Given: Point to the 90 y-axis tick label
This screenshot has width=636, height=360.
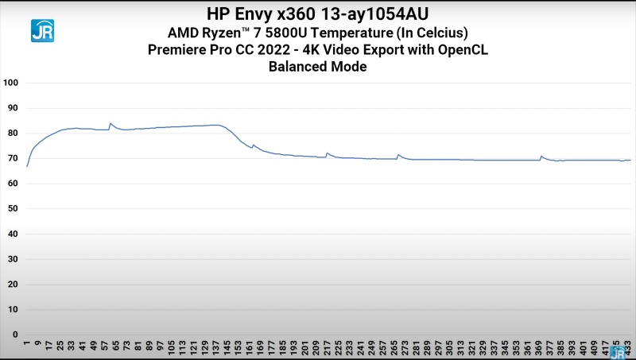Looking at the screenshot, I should click(x=13, y=108).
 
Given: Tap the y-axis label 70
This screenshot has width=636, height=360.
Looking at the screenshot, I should click(x=13, y=158).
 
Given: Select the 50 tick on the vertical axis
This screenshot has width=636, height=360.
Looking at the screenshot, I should click(x=13, y=209).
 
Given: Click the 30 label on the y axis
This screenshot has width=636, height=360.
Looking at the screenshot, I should click(x=13, y=259).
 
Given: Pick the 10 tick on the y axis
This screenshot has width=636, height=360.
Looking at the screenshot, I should click(x=13, y=309).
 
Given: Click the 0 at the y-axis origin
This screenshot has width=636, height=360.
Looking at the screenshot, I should click(x=15, y=335).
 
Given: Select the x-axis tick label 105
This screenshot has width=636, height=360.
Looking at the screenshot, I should click(x=171, y=347).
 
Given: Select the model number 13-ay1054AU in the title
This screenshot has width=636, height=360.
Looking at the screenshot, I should click(x=380, y=14).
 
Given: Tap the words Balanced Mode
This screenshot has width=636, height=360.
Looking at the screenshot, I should click(x=318, y=67).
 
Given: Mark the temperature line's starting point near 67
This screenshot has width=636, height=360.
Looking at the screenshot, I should click(x=27, y=166).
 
